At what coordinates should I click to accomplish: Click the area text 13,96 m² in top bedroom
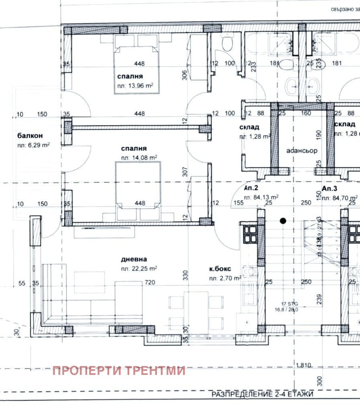[135, 85]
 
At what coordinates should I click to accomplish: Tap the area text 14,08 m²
[139, 157]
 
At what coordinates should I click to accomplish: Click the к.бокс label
[219, 269]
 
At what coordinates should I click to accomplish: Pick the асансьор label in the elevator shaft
[302, 151]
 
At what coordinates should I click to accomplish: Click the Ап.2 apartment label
[251, 189]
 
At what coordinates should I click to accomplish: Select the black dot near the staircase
[283, 220]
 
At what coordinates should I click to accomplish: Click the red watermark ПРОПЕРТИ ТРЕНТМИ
[119, 370]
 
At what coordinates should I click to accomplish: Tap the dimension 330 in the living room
[185, 275]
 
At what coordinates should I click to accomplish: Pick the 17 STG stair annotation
[289, 304]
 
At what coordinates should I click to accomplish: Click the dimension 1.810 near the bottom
[304, 365]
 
